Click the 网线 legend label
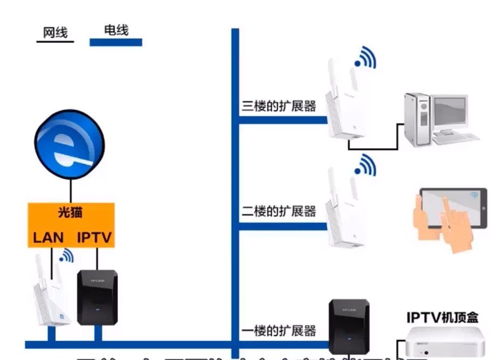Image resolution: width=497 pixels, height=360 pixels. coord(55,33)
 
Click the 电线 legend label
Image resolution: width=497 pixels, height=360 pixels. coord(115,30)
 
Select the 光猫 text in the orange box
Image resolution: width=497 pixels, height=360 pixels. coord(71,212)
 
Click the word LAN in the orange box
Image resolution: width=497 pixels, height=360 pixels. coord(49,237)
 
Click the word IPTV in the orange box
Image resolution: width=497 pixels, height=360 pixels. coord(94,237)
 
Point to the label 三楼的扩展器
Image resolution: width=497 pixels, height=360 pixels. coord(278,106)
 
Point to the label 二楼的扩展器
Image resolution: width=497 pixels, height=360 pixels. coord(278,211)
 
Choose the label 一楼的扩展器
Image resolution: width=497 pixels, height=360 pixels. coord(278,330)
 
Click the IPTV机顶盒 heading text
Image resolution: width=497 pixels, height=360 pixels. coord(442,317)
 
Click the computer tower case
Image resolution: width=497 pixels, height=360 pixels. coord(418,119)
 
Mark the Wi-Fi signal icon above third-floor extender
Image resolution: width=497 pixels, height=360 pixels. coord(365,58)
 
